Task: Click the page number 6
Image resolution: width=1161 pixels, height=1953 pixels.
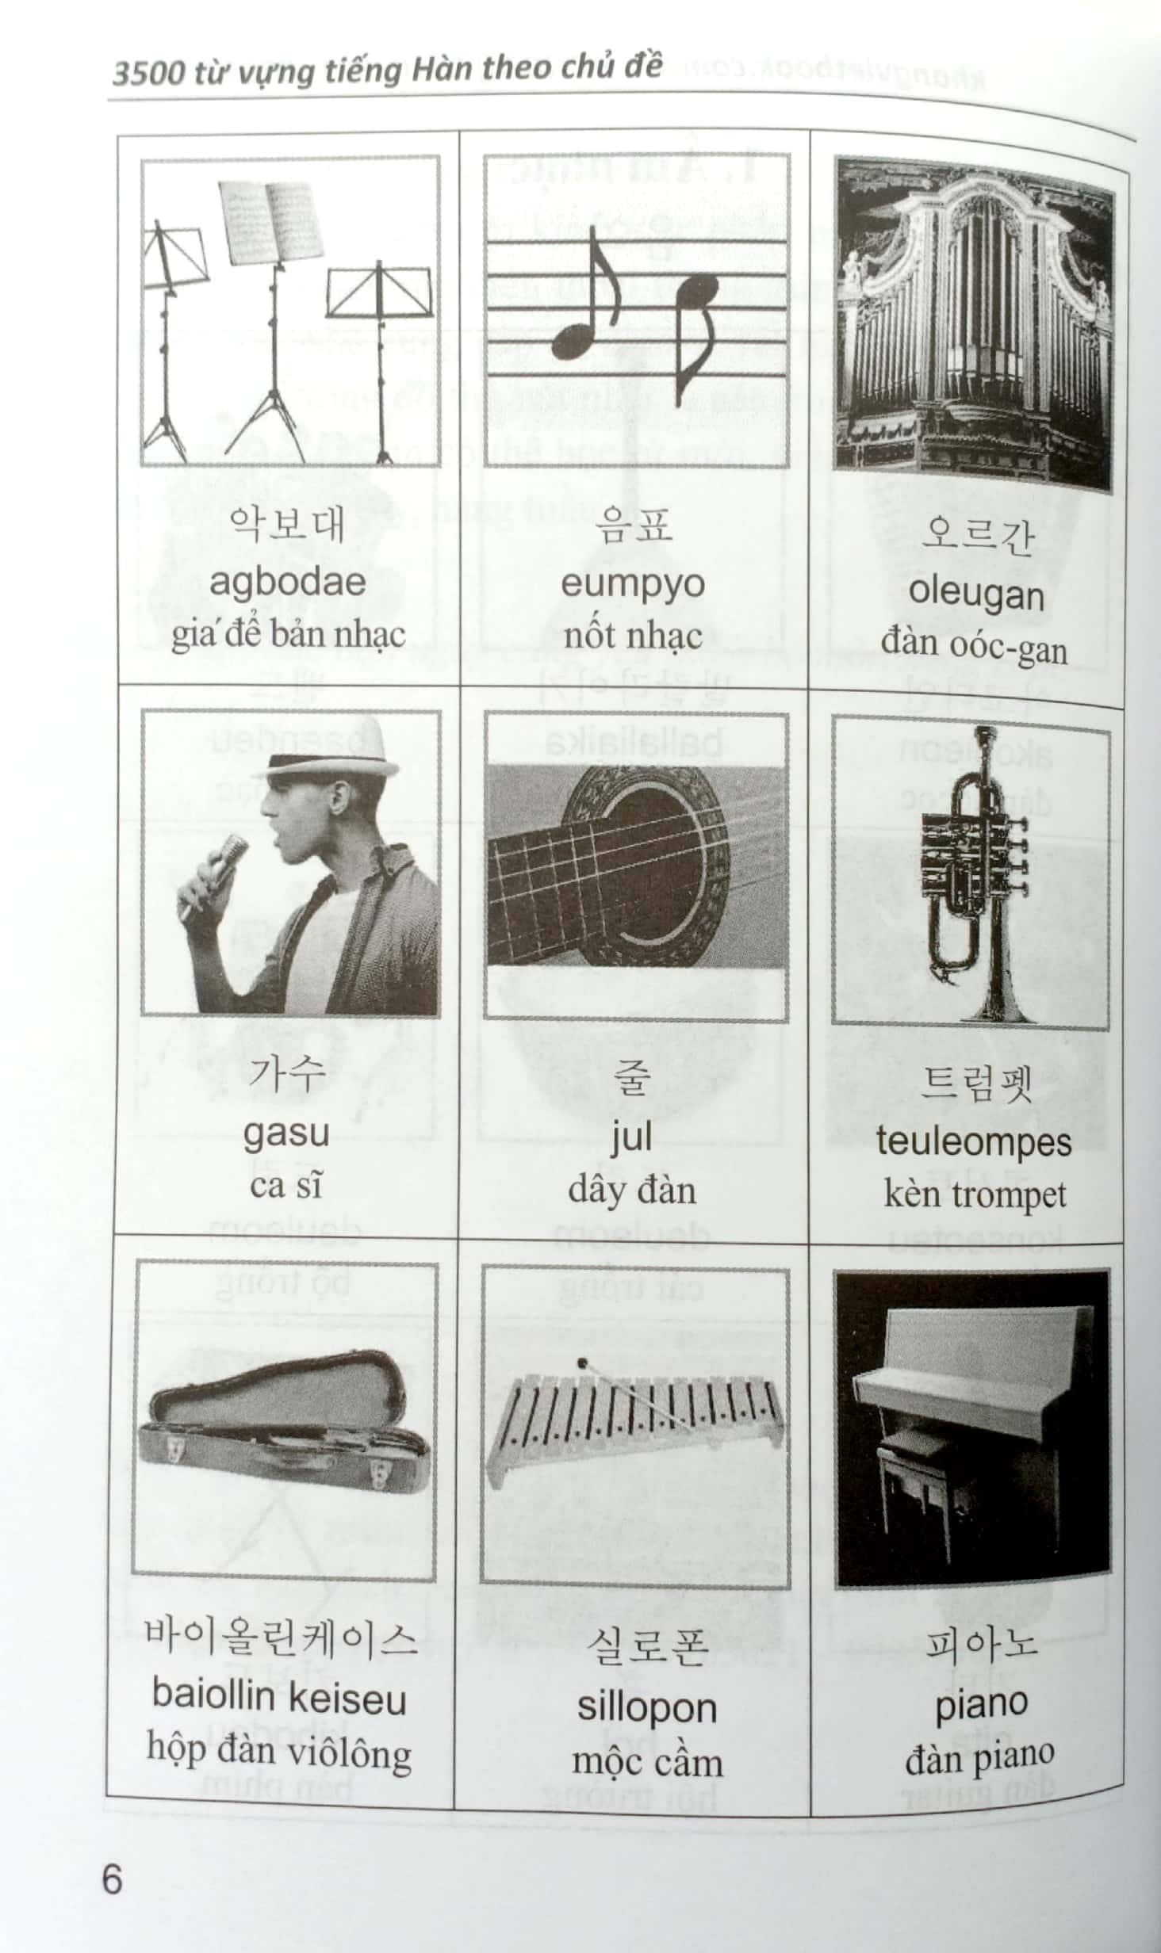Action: click(112, 1879)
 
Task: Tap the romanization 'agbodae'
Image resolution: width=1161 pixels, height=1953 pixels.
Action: click(287, 583)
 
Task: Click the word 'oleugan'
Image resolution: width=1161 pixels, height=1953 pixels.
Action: click(975, 593)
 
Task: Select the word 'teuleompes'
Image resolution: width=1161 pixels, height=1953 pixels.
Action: click(974, 1142)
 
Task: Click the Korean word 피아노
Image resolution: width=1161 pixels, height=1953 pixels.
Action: click(980, 1645)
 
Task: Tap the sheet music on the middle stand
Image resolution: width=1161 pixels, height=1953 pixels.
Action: click(272, 222)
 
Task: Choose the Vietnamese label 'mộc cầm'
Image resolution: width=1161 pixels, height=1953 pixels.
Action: click(647, 1761)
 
